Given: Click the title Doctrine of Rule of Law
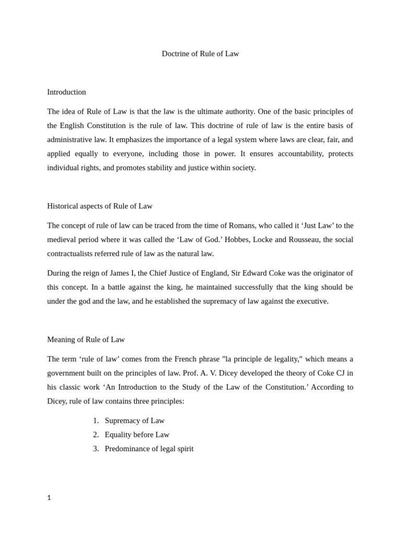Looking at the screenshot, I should point(200,54).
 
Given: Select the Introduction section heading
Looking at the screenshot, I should point(66,92).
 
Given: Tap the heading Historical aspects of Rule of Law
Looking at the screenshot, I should point(100,206).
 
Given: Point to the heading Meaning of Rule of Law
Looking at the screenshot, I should point(86,340).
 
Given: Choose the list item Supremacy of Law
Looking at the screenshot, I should point(134,421).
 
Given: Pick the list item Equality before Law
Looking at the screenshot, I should point(137,435).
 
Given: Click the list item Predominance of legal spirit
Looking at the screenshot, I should point(149,449).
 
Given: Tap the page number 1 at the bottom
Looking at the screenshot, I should point(49,498).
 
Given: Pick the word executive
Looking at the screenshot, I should point(311,301).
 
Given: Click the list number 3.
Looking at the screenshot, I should point(96,449).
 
